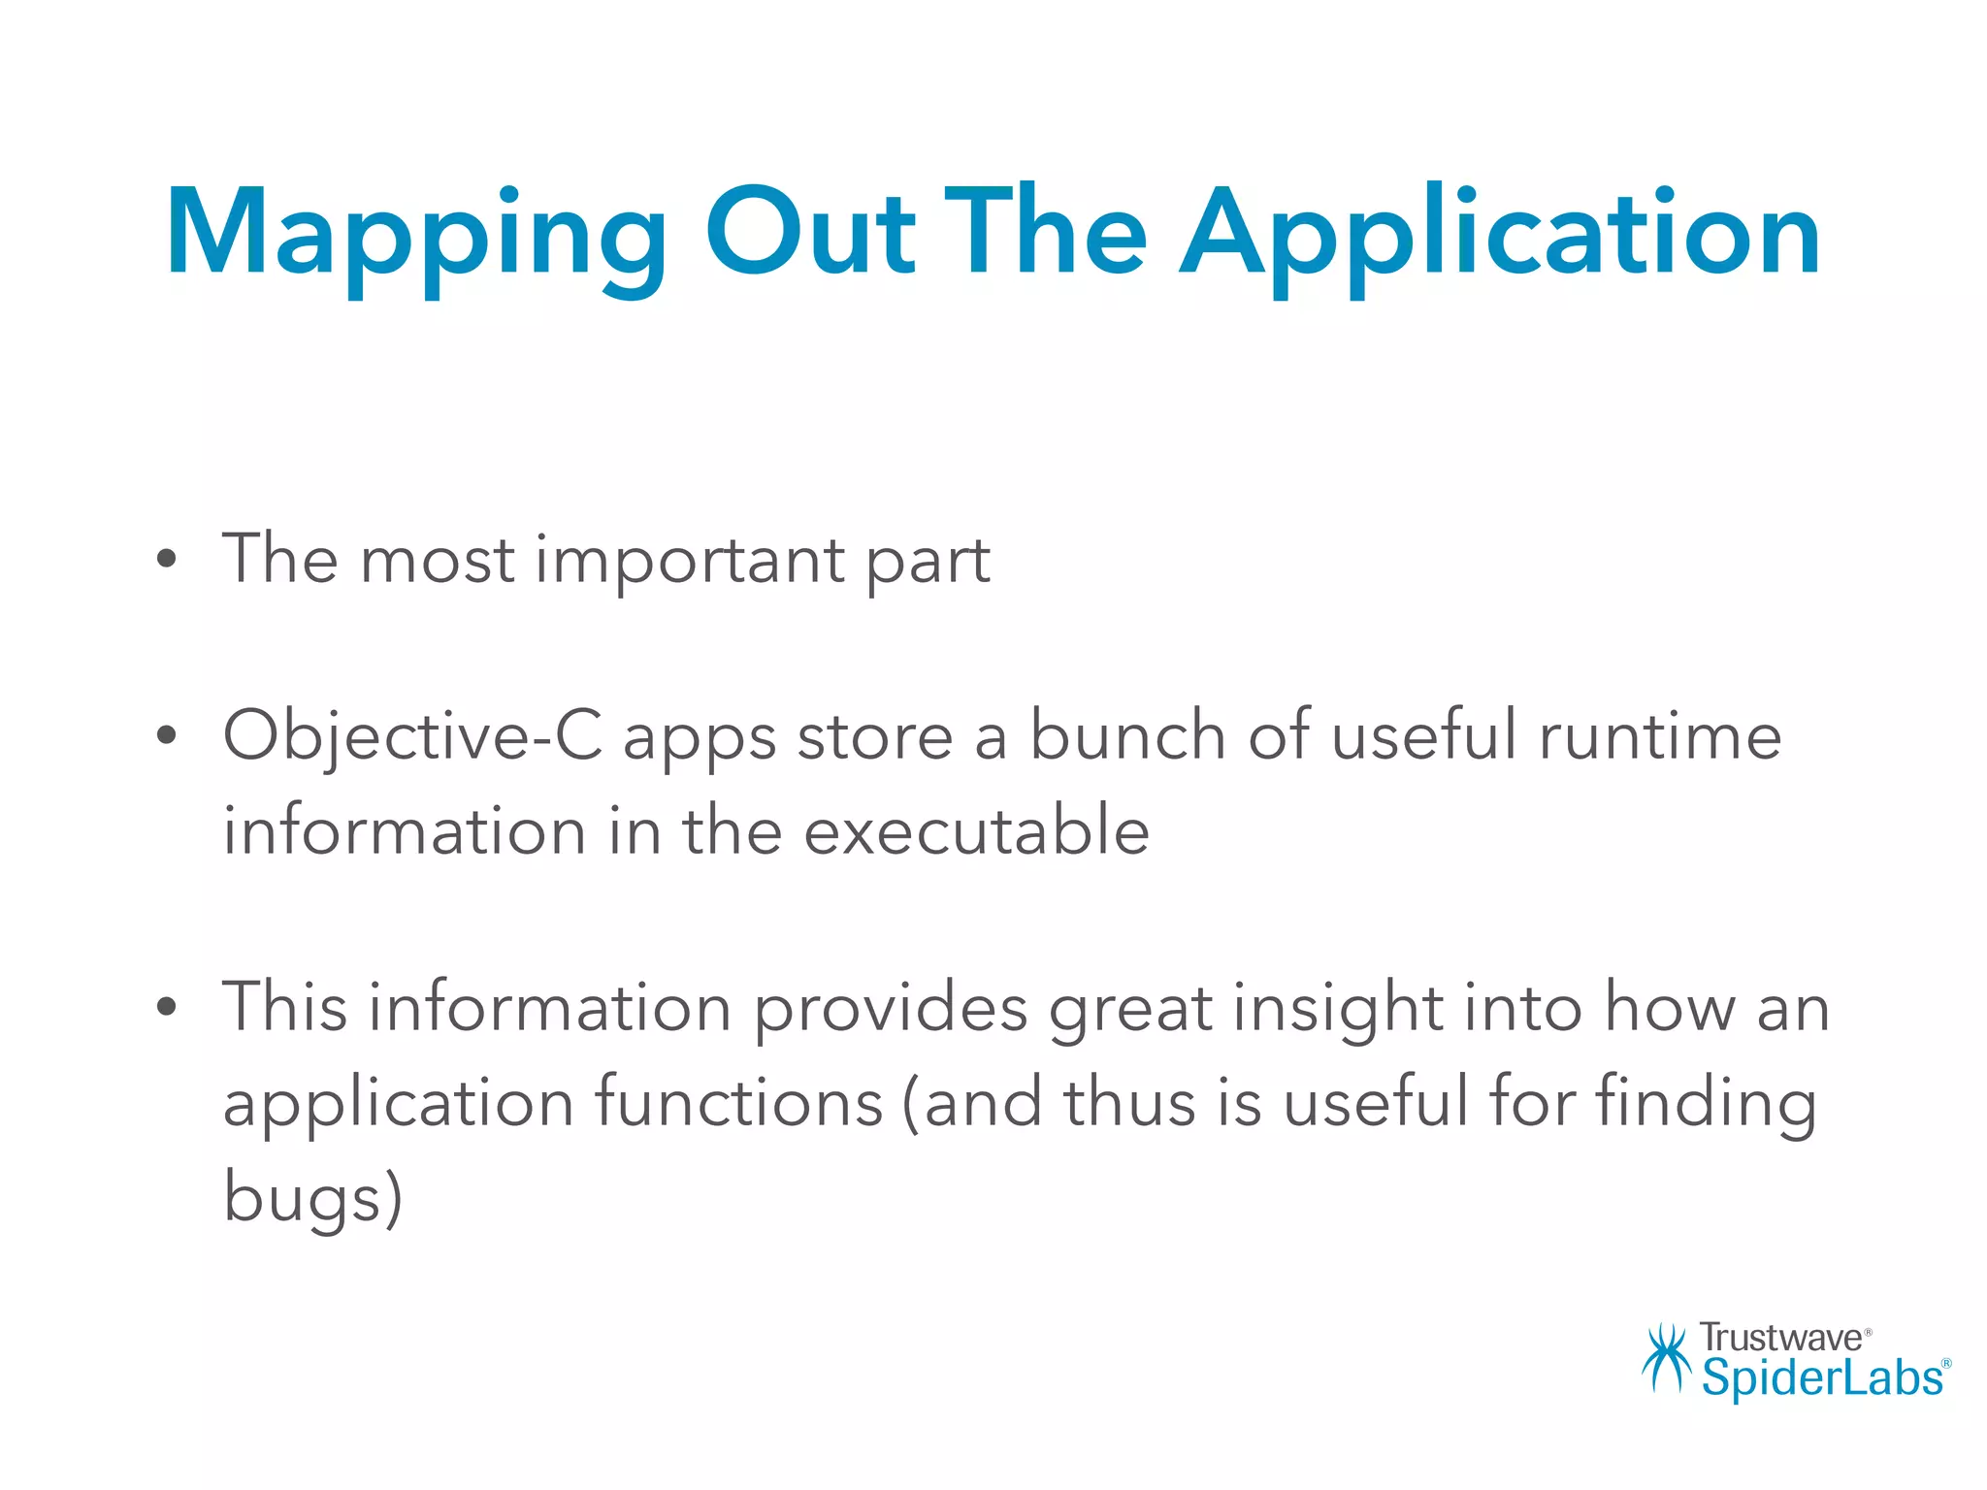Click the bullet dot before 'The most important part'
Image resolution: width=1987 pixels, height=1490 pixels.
pyautogui.click(x=167, y=560)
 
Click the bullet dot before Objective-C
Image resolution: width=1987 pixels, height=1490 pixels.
pyautogui.click(x=167, y=736)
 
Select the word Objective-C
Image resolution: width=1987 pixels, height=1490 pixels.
pyautogui.click(x=412, y=736)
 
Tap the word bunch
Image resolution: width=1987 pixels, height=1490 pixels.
pyautogui.click(x=1127, y=734)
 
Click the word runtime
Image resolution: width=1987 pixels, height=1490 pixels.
pyautogui.click(x=1660, y=734)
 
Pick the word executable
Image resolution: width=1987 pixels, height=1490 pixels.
pyautogui.click(x=976, y=831)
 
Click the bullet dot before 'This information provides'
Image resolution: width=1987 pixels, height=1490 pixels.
pyautogui.click(x=167, y=1008)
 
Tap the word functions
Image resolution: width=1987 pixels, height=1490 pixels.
pyautogui.click(x=738, y=1103)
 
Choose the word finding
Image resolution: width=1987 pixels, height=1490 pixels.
pyautogui.click(x=1707, y=1105)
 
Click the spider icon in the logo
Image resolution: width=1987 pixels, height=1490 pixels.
pyautogui.click(x=1667, y=1357)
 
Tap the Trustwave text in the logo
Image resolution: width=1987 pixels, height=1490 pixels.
pyautogui.click(x=1780, y=1338)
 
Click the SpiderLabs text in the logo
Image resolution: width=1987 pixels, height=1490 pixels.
pyautogui.click(x=1822, y=1378)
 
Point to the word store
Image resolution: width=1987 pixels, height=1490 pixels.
pyautogui.click(x=875, y=736)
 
